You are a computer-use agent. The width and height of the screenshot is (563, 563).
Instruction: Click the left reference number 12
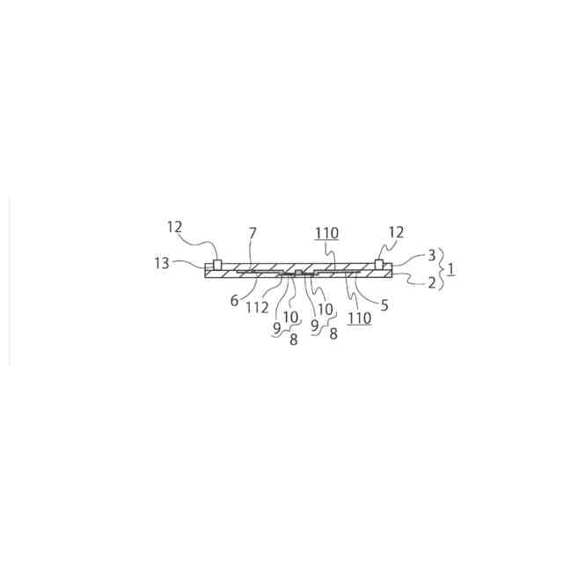click(x=174, y=227)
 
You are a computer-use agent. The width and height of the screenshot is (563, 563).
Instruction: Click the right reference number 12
click(x=396, y=232)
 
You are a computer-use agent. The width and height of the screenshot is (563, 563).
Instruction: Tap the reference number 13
click(x=161, y=263)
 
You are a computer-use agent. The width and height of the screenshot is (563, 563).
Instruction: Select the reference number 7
click(x=252, y=233)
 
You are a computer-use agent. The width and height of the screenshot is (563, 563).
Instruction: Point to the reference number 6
click(x=235, y=300)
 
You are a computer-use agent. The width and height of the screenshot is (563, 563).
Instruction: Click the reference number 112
click(x=257, y=307)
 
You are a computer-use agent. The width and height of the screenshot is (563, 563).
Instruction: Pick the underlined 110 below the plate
click(x=359, y=318)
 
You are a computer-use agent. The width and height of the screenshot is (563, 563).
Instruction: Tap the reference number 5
click(x=384, y=305)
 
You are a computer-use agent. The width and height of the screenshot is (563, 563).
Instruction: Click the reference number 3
click(x=431, y=255)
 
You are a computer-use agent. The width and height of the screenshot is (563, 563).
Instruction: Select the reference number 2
click(x=431, y=283)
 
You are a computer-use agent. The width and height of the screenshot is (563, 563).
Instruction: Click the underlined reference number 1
click(x=451, y=268)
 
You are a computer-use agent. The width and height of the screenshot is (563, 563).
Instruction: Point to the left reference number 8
click(x=293, y=340)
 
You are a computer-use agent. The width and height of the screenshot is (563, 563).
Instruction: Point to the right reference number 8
click(x=333, y=334)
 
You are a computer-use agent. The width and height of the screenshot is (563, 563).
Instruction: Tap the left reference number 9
click(x=276, y=327)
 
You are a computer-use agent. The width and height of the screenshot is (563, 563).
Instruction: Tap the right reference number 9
click(x=314, y=325)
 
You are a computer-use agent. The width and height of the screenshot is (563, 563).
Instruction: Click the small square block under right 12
click(x=379, y=265)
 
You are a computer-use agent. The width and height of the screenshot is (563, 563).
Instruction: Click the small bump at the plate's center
click(x=298, y=274)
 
